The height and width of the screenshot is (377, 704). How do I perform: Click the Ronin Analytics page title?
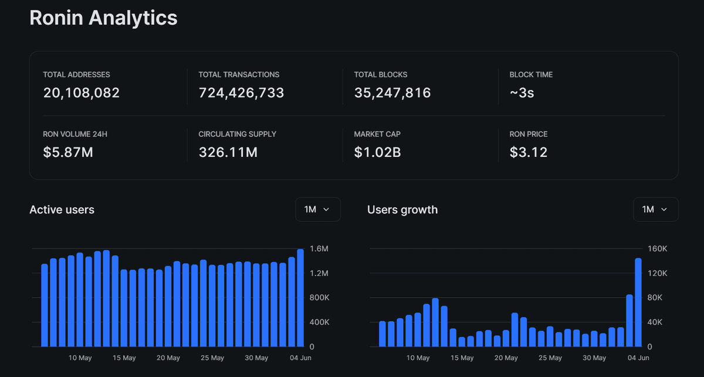click(x=103, y=18)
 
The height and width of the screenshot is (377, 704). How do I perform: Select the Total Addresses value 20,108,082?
click(x=82, y=93)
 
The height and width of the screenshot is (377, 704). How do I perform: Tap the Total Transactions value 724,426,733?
click(x=241, y=93)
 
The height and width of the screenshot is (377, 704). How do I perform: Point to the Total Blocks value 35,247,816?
click(x=392, y=93)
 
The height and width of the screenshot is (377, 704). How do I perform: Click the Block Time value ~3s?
click(x=522, y=93)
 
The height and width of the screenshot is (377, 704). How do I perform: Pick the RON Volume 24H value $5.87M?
click(x=68, y=153)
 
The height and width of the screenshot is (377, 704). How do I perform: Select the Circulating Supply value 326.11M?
click(x=228, y=153)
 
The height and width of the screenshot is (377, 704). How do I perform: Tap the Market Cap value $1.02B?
click(x=377, y=153)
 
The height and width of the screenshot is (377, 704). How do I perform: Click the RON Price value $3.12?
click(x=529, y=153)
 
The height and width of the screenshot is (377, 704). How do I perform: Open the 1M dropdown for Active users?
click(x=317, y=210)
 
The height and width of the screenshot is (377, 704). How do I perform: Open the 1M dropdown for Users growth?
click(x=655, y=210)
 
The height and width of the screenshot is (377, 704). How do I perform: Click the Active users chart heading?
click(x=62, y=210)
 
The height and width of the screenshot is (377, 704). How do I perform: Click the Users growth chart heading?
click(x=402, y=210)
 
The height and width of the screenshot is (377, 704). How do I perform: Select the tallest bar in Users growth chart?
click(x=638, y=302)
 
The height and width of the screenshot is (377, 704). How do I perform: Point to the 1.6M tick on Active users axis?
click(x=319, y=249)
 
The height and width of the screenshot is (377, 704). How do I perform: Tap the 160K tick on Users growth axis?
click(x=657, y=249)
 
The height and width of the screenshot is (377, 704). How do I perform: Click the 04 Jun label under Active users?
click(x=301, y=358)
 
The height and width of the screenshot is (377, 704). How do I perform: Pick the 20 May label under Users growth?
click(x=506, y=358)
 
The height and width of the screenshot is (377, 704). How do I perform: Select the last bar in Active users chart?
click(x=300, y=298)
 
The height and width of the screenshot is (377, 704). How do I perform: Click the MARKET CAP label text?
click(x=377, y=134)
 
